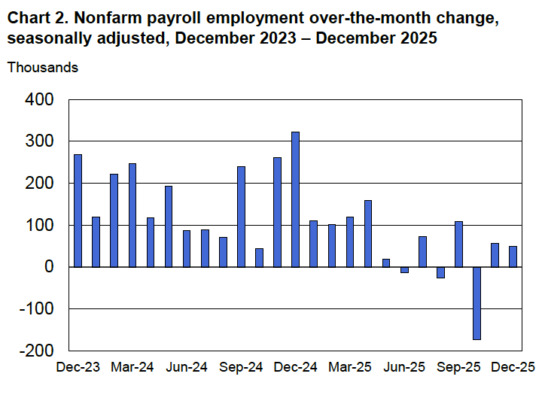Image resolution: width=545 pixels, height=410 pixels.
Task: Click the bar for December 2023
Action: (x=78, y=211)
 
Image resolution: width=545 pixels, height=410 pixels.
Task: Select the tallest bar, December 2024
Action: (x=295, y=199)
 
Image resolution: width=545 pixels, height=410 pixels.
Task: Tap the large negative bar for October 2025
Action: (x=476, y=303)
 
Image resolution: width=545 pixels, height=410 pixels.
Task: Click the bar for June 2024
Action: (x=187, y=248)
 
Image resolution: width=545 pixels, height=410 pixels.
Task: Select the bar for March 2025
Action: (x=350, y=241)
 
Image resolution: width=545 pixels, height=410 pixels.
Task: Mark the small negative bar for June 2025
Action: (x=404, y=269)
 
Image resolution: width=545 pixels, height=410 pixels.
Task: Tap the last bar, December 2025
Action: (x=513, y=257)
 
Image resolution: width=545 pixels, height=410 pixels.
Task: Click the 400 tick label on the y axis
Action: (x=40, y=99)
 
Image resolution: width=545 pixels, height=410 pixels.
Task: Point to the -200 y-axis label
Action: (x=36, y=351)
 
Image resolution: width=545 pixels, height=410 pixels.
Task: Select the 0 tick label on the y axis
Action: (x=49, y=267)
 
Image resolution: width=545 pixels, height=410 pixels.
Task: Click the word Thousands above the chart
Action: (x=43, y=68)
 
